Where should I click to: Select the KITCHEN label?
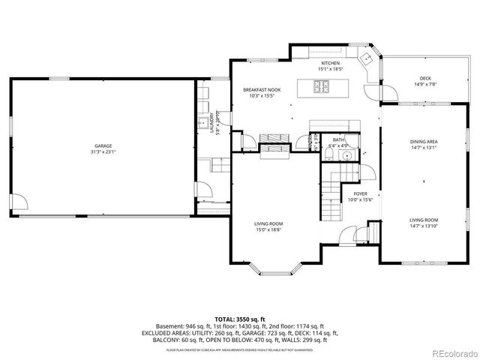331,63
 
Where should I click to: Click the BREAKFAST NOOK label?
261,89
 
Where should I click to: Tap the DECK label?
425,78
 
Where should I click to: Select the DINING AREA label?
424,141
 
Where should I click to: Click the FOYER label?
360,193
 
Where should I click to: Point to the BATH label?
339,140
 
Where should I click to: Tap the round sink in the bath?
346,155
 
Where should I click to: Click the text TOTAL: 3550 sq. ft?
239,319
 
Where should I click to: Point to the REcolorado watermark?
451,352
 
